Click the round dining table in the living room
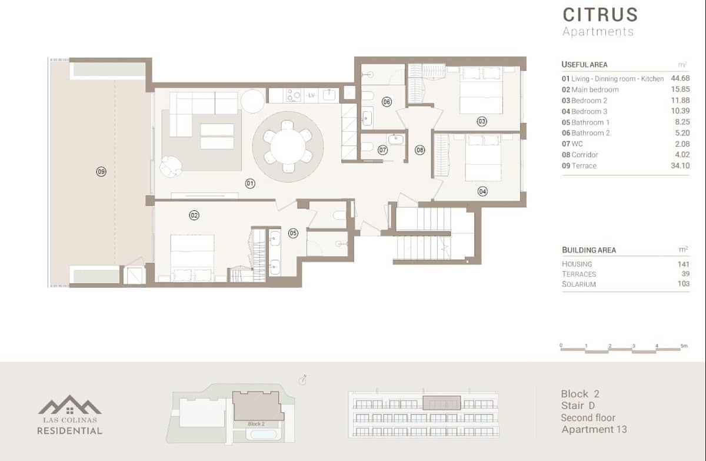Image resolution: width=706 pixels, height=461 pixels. [288, 145]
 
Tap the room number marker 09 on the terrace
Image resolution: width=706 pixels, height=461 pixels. [101, 172]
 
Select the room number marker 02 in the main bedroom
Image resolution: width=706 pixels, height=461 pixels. [194, 215]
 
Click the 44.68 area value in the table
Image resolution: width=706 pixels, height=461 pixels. [680, 78]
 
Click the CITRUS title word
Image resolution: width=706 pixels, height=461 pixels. [600, 14]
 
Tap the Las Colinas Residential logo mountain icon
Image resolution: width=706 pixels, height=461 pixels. [69, 406]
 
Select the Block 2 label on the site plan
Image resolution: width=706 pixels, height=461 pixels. [256, 424]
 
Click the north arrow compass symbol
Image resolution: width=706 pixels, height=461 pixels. [303, 381]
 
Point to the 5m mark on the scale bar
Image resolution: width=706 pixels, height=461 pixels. [684, 346]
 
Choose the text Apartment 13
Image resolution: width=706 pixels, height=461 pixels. [594, 429]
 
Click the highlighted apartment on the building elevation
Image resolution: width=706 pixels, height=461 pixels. [441, 403]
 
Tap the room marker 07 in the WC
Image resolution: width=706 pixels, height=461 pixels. [383, 150]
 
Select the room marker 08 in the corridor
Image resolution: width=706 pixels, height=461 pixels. [419, 150]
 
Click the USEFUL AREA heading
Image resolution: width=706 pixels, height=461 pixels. [584, 65]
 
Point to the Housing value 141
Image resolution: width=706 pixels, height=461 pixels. [682, 264]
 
